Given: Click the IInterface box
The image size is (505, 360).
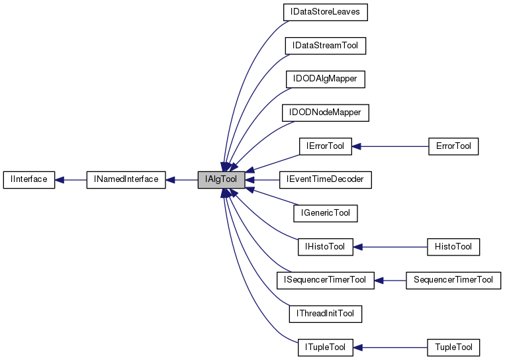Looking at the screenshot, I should tap(28, 179).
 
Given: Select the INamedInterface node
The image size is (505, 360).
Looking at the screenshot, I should tap(126, 179).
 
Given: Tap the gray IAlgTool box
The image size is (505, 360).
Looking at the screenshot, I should tap(221, 179).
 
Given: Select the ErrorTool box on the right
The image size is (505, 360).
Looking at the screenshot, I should tap(453, 146).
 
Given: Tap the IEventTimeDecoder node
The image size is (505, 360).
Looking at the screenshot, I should tap(325, 179).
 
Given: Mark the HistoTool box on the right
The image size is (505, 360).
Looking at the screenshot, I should tap(453, 247).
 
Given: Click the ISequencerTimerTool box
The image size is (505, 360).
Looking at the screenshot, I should tap(325, 280).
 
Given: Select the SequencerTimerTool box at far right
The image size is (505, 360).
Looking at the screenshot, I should tap(453, 280).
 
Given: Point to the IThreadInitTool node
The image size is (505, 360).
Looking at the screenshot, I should tap(325, 314).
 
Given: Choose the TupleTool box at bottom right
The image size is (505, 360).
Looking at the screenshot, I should tap(453, 347).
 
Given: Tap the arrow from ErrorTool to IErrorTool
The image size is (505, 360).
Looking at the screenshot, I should tap(390, 146).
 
